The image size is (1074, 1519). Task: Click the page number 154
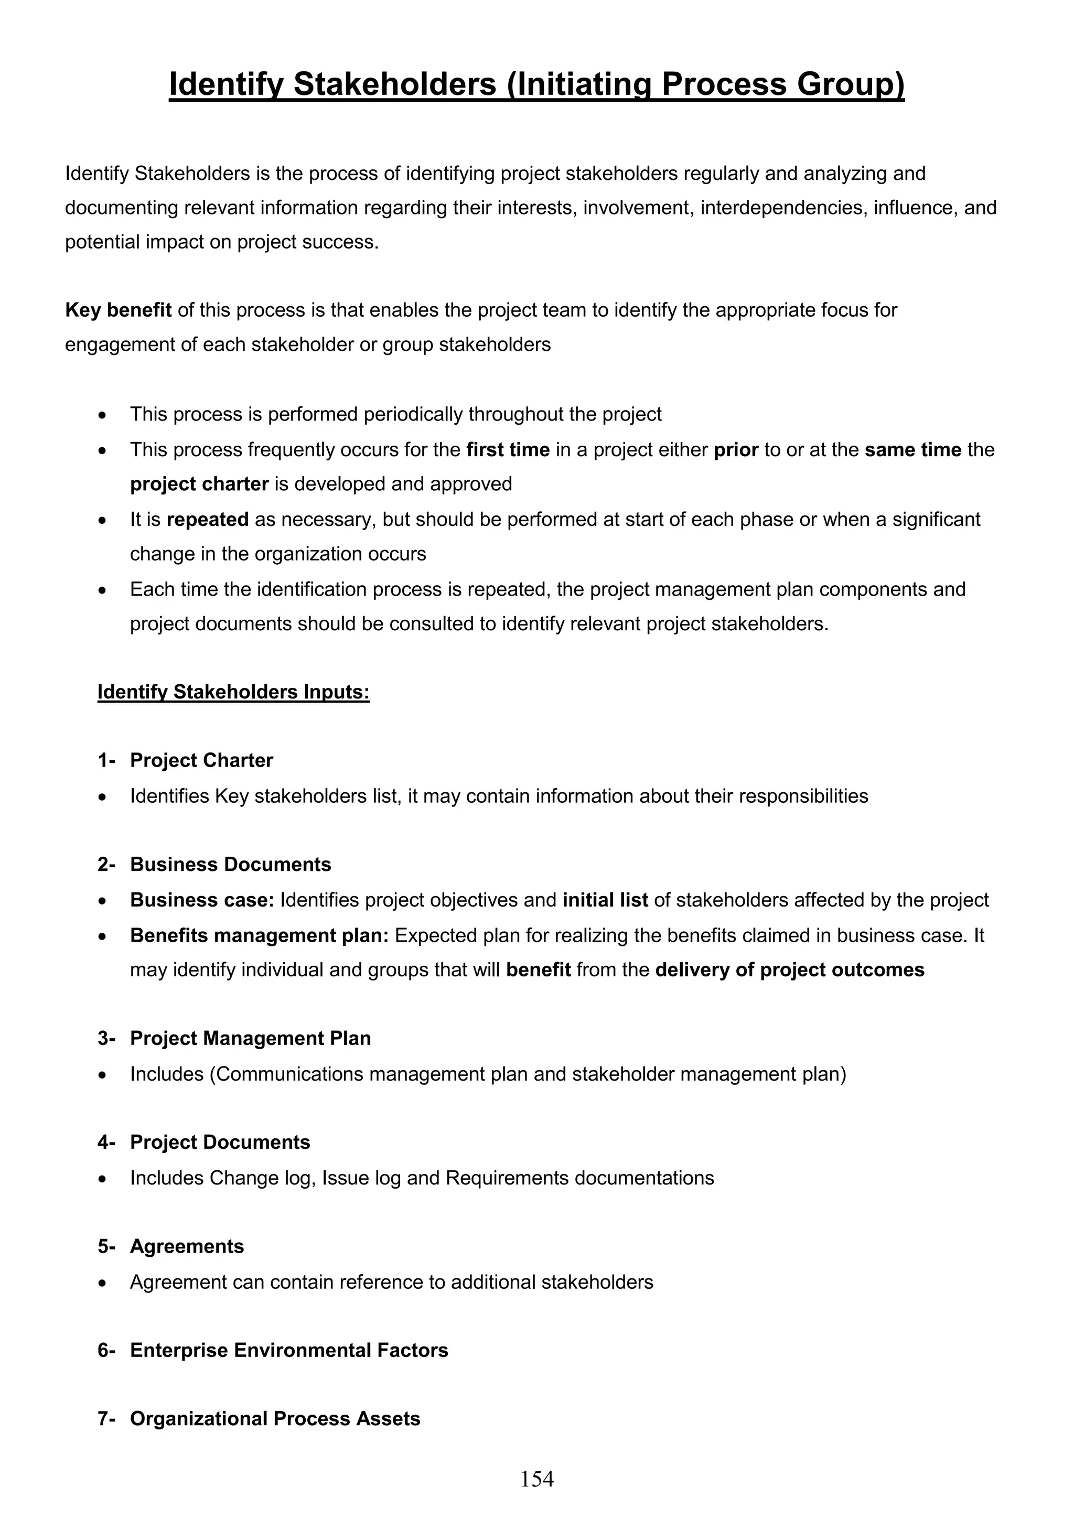coord(536,1479)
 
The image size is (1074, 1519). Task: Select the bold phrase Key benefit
coord(119,310)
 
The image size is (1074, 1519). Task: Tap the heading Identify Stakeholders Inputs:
coord(233,692)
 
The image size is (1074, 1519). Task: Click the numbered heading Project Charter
coord(201,760)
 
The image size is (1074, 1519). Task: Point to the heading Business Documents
coord(230,864)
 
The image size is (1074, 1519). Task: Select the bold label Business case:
coord(202,900)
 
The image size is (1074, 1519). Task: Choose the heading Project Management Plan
coord(250,1038)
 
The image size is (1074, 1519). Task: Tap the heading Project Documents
coord(220,1142)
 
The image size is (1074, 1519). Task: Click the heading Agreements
coord(187,1246)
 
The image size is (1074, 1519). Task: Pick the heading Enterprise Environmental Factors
coord(288,1350)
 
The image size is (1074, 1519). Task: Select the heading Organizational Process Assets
coord(275,1418)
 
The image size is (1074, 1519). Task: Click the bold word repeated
coord(207,519)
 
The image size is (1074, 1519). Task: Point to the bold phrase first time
coord(508,450)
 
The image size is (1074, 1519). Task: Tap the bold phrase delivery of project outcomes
coord(789,970)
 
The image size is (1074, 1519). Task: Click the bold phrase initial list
coord(605,900)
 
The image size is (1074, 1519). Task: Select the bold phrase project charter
coord(199,484)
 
